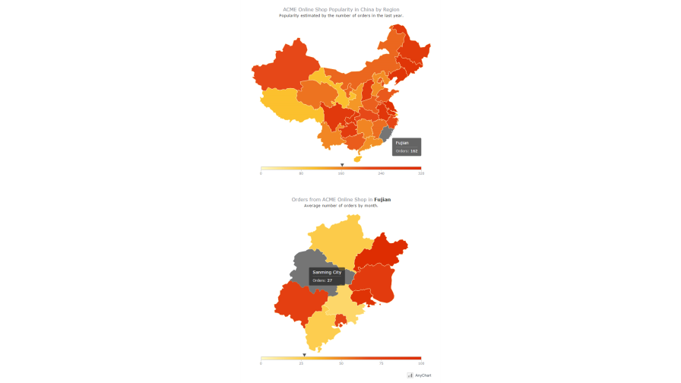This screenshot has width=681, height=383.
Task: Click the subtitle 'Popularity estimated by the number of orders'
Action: coord(340,15)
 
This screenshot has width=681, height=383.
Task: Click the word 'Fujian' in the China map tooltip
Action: coord(402,143)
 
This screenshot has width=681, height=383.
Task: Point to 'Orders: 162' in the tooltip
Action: coord(407,151)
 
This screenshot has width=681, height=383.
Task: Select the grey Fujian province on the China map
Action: coord(385,135)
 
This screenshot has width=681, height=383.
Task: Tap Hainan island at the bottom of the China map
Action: coord(357,159)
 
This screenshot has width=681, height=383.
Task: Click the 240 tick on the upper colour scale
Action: coord(381,173)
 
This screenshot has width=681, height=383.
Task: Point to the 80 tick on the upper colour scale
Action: coord(301,173)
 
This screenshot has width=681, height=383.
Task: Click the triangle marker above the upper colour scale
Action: coord(342,165)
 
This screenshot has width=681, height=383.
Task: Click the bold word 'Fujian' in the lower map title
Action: coord(382,199)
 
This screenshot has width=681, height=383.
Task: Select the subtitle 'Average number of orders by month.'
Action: coord(340,205)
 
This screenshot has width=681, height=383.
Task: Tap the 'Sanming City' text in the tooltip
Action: coord(327,272)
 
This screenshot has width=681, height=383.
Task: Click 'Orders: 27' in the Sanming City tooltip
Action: coord(322,280)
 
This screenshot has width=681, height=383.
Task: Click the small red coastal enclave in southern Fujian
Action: coord(340,321)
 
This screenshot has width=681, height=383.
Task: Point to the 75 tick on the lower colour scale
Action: coord(381,363)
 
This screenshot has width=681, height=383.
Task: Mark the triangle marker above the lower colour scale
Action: coord(304,355)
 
